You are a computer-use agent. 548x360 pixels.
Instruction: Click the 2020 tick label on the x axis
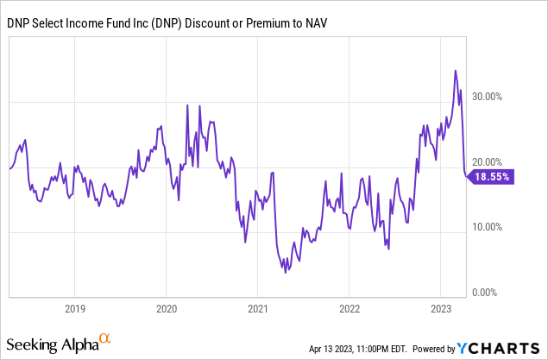tap(167, 308)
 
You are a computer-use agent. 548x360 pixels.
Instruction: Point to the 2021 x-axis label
tap(259, 308)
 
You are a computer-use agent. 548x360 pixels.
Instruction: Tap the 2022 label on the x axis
tap(350, 308)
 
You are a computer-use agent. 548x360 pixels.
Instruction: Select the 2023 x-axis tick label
tap(441, 308)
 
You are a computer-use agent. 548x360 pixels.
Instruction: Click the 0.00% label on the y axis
tap(496, 293)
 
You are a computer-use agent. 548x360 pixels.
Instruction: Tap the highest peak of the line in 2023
tap(455, 71)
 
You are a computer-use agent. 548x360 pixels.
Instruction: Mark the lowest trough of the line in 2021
tap(285, 273)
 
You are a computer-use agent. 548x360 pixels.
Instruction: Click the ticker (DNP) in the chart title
tap(192, 21)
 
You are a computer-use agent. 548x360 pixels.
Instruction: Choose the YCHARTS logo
tap(499, 348)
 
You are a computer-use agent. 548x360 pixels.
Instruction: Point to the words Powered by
tap(437, 349)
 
